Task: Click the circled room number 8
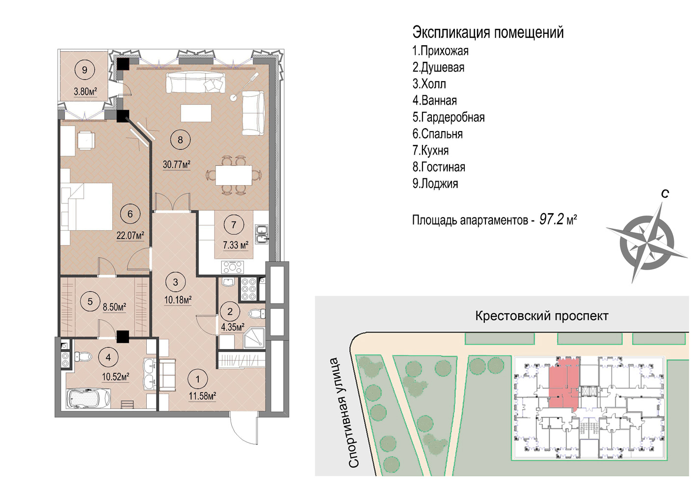[181, 140]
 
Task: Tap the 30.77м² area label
[177, 165]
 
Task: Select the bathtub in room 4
[88, 398]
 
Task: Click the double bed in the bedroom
[87, 206]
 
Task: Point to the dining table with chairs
[234, 175]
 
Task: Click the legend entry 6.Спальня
[437, 134]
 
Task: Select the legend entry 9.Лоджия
[435, 184]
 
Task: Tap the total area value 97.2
[552, 220]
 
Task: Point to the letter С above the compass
[665, 193]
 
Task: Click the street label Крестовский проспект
[542, 316]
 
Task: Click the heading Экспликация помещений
[488, 33]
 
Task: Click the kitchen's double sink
[262, 235]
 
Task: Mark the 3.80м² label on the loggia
[85, 91]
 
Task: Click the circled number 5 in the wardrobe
[90, 301]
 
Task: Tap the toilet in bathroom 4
[82, 357]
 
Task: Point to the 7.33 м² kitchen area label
[236, 245]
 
